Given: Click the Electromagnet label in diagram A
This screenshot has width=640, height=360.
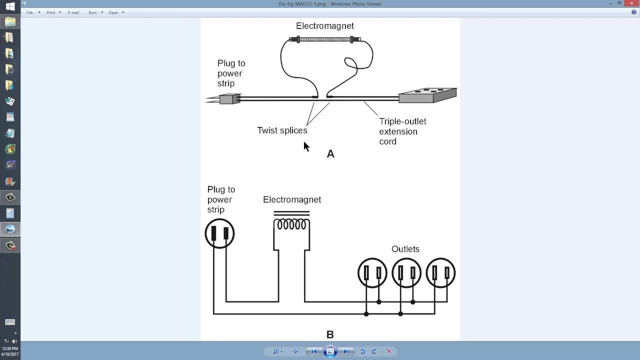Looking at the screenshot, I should tap(324, 26).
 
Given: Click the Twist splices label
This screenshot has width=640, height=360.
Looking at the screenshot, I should tap(282, 130).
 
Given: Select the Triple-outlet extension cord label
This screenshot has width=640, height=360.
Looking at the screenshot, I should tap(402, 131).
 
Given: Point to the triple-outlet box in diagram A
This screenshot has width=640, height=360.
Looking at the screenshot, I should tap(427, 95).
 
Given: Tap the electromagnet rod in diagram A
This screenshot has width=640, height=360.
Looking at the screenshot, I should tap(325, 39).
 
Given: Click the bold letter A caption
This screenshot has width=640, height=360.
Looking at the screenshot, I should tap(330, 154).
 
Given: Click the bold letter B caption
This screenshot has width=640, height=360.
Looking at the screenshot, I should tap(330, 334).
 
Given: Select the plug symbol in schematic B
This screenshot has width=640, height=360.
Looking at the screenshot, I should tap(219, 233).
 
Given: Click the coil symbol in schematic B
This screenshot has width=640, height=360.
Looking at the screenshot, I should tap(291, 224).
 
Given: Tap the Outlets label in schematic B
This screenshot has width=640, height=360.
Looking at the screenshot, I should tap(405, 249).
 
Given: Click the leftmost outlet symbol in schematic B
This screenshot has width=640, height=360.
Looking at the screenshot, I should tap(372, 273).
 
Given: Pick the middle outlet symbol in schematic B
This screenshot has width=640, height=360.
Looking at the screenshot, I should tap(406, 273).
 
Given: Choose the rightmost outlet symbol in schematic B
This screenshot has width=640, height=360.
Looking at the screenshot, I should tap(440, 273).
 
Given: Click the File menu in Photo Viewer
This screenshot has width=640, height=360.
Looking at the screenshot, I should tap(30, 12).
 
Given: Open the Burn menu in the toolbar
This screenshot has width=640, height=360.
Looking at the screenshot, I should tap(93, 12).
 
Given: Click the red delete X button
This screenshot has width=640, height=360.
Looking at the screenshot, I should tap(388, 351).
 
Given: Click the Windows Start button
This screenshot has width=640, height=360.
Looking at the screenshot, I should tap(10, 6).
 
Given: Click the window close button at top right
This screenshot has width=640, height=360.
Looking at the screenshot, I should tap(631, 3).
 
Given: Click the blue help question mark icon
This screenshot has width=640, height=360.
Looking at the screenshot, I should tap(634, 12).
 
